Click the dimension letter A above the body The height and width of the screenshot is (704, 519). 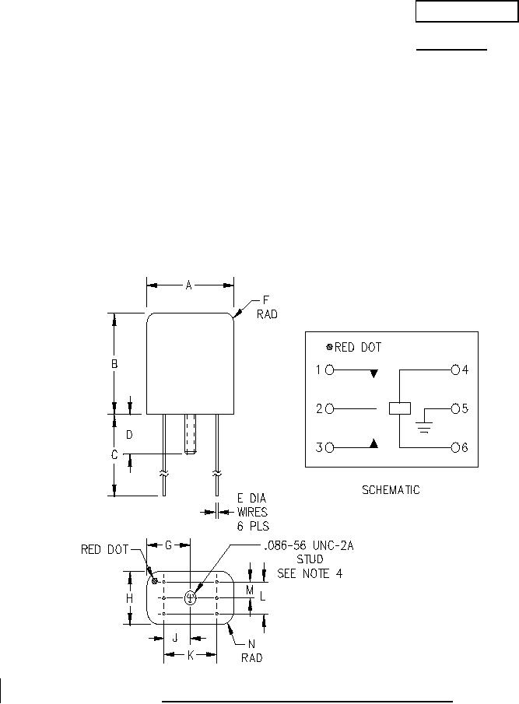[189, 285]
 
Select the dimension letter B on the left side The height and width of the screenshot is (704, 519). [114, 364]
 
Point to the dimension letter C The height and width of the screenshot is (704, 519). [114, 455]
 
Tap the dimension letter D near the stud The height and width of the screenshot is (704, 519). [129, 435]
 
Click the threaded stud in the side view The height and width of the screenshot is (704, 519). [190, 434]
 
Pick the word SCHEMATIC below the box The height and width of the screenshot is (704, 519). [391, 490]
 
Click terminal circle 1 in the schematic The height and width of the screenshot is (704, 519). [330, 370]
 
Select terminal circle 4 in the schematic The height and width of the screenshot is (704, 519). [456, 370]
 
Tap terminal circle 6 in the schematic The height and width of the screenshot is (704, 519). [456, 447]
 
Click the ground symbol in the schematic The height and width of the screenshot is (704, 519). [424, 426]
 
